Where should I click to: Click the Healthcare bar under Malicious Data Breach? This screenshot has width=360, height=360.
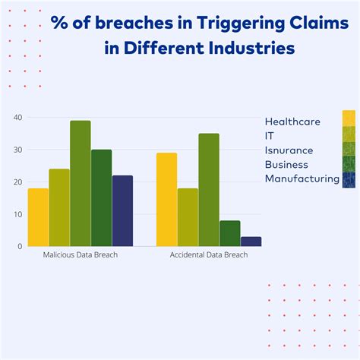tap(38, 217)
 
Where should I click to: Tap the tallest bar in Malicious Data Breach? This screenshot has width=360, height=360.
tap(81, 183)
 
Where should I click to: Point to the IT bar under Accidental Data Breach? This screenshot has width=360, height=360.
tap(188, 217)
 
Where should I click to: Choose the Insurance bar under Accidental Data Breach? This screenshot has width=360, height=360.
tap(209, 190)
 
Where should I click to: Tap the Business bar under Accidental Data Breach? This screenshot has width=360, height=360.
tap(229, 233)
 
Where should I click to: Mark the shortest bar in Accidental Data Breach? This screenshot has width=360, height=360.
tap(251, 242)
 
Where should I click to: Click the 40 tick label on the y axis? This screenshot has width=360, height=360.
tap(18, 118)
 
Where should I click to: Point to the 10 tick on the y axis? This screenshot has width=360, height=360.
tap(18, 214)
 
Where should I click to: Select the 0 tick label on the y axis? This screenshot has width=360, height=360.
tap(21, 246)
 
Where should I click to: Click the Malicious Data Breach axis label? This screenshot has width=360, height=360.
tap(80, 255)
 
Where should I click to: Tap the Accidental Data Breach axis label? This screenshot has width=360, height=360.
tap(209, 255)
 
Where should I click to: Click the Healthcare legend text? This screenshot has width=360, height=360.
tap(292, 121)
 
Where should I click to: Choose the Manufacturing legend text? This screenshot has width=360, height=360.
tap(302, 178)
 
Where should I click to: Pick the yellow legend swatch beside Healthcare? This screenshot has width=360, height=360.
tap(349, 118)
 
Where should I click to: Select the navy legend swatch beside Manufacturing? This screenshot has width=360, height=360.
tap(349, 179)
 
